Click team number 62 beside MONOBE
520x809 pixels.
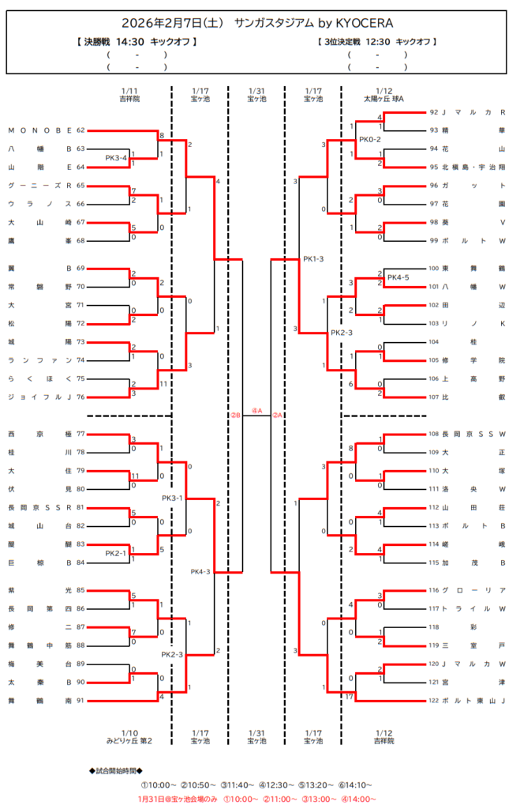click(x=80, y=130)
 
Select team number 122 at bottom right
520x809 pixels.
click(x=433, y=701)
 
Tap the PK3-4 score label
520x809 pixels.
click(x=117, y=158)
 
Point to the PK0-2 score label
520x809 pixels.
click(x=369, y=140)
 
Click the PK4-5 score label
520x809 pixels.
click(x=398, y=277)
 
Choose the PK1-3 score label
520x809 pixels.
click(x=313, y=259)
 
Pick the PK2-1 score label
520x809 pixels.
click(x=117, y=554)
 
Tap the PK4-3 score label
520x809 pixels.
click(x=200, y=571)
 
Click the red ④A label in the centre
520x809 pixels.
click(x=256, y=410)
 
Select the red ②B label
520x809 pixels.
click(x=235, y=416)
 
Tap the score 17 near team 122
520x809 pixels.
click(x=348, y=696)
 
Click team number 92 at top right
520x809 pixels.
click(x=433, y=112)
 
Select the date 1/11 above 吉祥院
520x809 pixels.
click(x=129, y=91)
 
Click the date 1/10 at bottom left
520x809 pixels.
click(x=129, y=732)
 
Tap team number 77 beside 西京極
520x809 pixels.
click(x=80, y=434)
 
